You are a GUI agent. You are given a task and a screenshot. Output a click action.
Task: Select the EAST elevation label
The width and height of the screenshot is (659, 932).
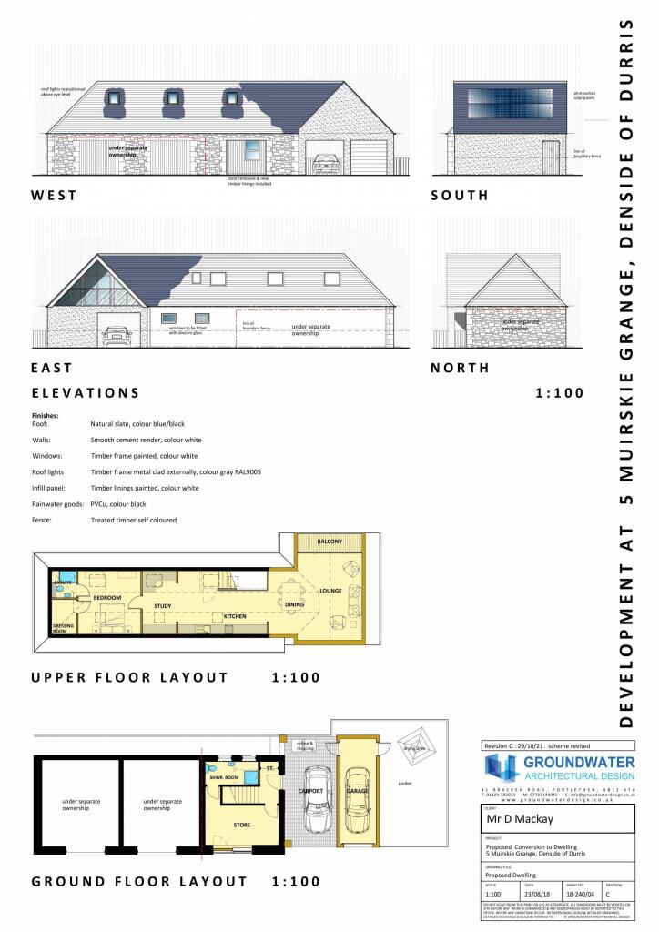coord(52,368)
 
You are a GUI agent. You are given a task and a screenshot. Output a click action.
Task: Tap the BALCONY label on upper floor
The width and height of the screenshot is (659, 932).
coord(329,542)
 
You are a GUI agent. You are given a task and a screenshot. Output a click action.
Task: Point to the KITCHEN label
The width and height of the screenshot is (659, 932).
coord(236,616)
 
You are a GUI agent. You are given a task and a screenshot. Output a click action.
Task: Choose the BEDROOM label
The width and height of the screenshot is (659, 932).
coord(107,597)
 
